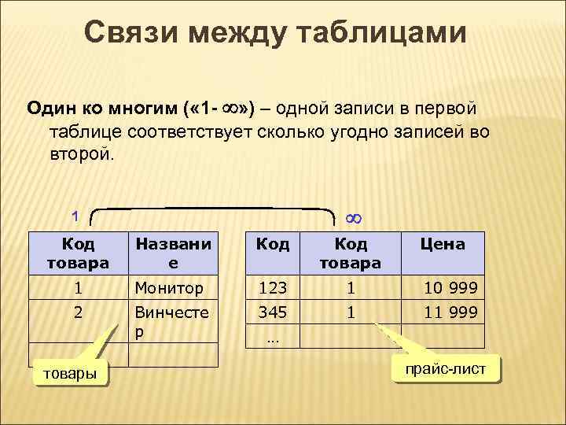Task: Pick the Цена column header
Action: point(443,244)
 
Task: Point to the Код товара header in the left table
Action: point(78,253)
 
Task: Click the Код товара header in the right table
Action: point(351,253)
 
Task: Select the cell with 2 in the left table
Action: point(78,312)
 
